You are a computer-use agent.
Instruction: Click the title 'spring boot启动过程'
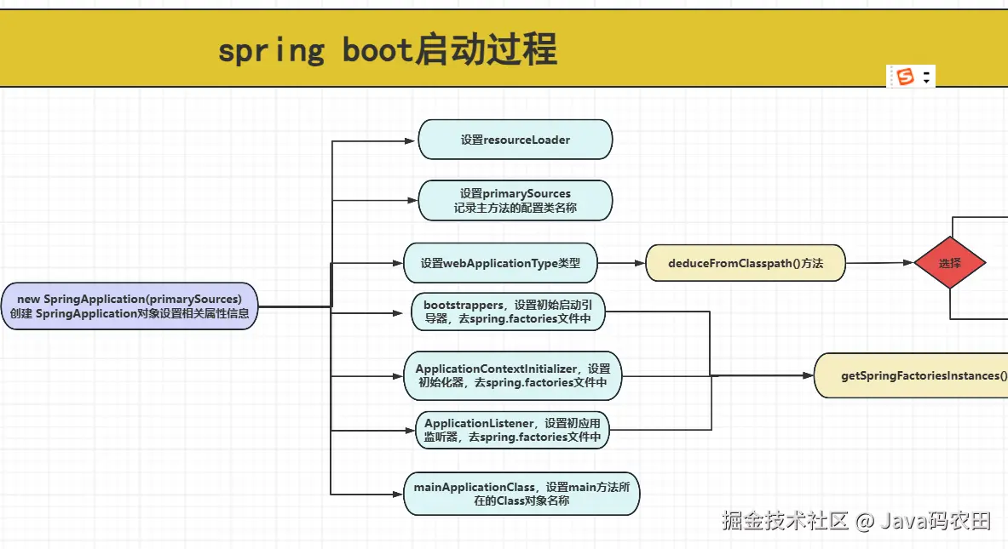click(388, 50)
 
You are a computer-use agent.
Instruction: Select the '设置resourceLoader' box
click(515, 140)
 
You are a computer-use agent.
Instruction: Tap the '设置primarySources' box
click(515, 200)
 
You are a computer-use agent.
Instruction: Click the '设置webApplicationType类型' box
click(500, 263)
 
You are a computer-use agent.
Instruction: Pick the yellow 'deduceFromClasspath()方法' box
click(746, 263)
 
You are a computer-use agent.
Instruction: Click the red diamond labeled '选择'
click(949, 263)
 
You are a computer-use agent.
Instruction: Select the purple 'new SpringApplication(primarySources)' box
click(130, 306)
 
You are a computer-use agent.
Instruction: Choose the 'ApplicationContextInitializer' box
click(513, 375)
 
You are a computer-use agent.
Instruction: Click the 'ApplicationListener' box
click(513, 430)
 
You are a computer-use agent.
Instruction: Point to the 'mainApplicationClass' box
click(521, 494)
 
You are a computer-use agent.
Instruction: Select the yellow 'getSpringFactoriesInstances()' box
click(912, 375)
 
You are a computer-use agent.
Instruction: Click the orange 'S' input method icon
click(905, 77)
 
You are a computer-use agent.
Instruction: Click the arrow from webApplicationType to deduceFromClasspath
click(621, 263)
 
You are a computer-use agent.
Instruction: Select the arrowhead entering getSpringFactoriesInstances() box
click(808, 375)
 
